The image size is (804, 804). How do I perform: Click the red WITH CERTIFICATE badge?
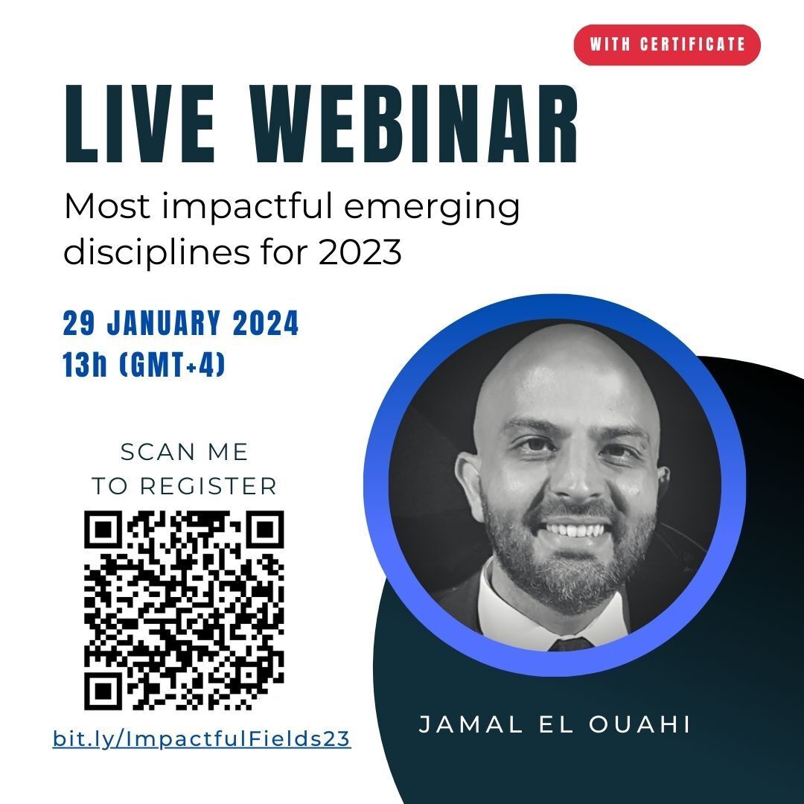coord(666,45)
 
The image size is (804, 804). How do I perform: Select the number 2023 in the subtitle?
coord(360,252)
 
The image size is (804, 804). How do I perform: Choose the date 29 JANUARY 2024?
coord(180,323)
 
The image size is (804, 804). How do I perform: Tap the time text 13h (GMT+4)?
coord(144,364)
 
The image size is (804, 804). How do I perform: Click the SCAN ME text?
coord(185,453)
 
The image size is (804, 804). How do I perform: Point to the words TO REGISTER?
coord(185,486)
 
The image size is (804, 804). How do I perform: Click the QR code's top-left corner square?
coord(103,529)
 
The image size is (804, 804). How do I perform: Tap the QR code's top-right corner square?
coord(265,529)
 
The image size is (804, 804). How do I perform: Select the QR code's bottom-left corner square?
coord(103,691)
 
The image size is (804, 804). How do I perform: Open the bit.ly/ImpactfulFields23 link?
coord(202,739)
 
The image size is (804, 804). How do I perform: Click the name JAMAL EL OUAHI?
coord(555,724)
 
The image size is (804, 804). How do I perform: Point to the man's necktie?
coord(570,644)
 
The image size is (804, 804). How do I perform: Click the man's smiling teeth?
coord(577,530)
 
